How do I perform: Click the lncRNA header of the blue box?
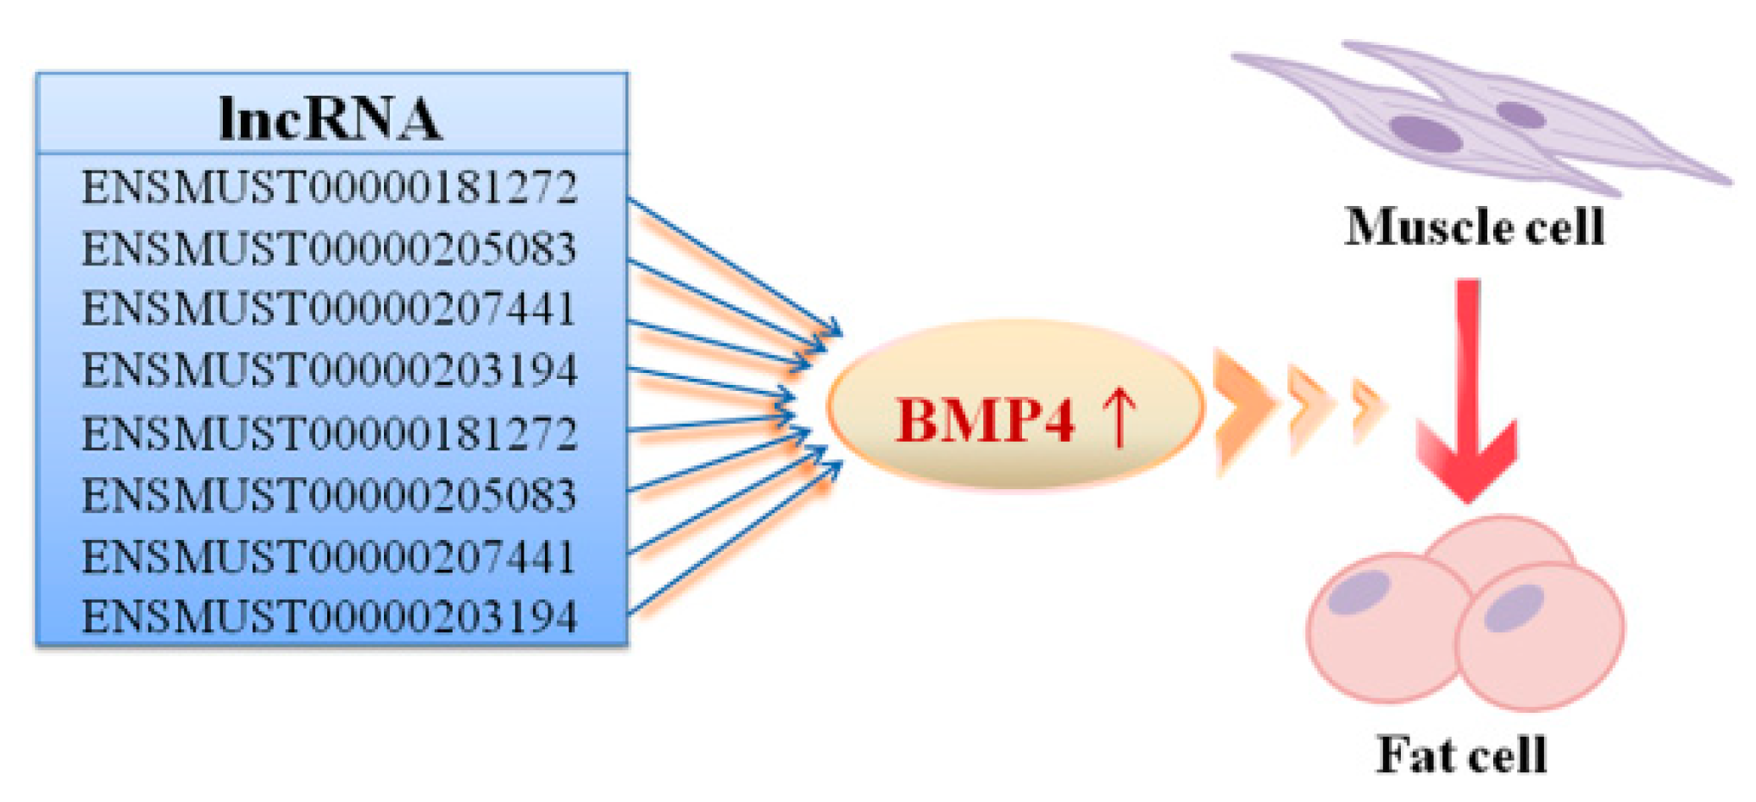click(330, 119)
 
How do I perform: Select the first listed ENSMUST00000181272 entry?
click(330, 187)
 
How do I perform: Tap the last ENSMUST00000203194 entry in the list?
click(330, 616)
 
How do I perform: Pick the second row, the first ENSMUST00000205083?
click(330, 249)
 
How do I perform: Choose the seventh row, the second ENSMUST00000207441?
click(330, 557)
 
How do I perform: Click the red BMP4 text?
click(986, 420)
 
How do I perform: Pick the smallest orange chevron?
click(1366, 410)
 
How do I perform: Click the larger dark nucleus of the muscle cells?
click(1425, 134)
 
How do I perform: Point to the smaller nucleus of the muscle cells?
click(1520, 114)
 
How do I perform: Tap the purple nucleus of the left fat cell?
click(1359, 593)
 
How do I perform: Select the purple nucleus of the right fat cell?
click(1514, 608)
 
